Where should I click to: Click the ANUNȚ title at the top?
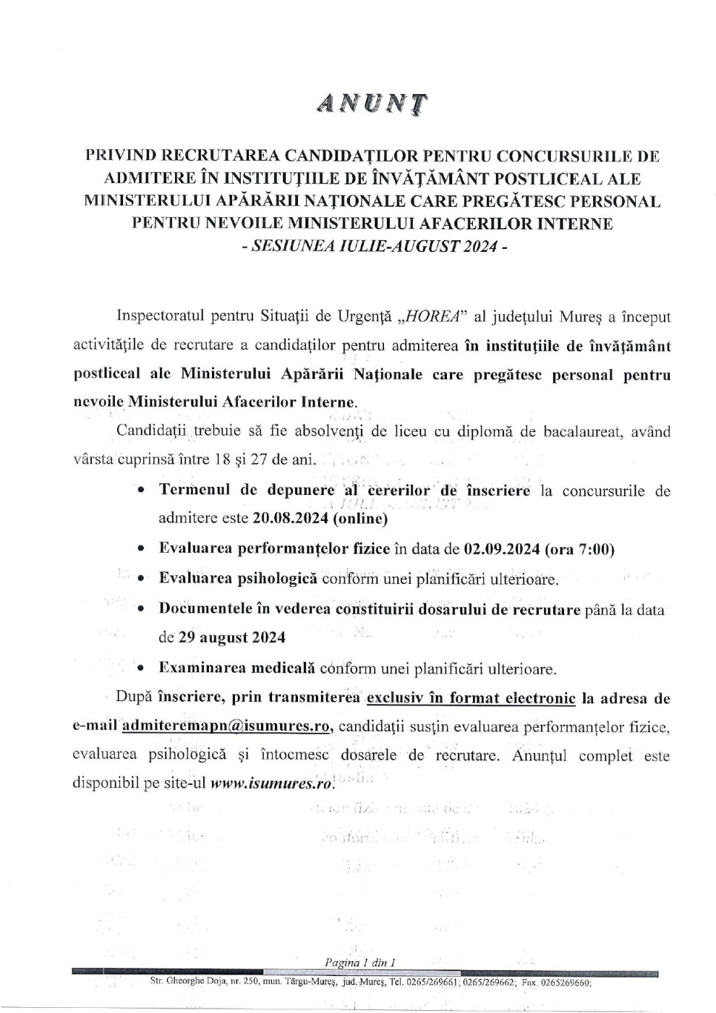(372, 105)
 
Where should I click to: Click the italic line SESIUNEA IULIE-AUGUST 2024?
(372, 245)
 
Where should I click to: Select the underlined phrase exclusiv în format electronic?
(471, 698)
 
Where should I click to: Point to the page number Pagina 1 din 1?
(360, 962)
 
